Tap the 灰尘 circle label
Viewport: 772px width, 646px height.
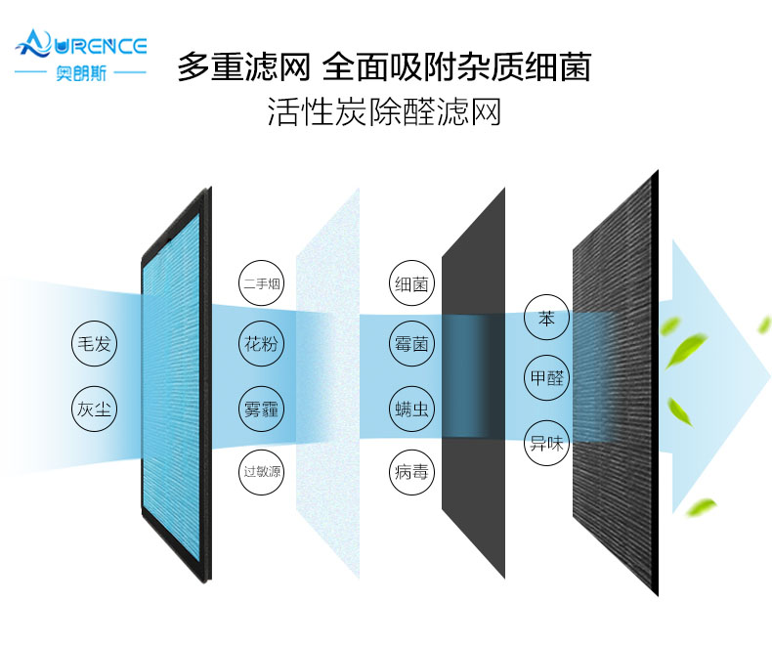coord(95,409)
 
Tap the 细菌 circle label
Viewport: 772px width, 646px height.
coord(410,284)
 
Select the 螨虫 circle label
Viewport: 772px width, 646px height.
coord(410,409)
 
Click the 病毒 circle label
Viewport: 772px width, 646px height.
coord(410,472)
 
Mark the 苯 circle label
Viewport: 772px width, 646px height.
coord(546,319)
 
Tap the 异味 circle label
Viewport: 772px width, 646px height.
coord(546,442)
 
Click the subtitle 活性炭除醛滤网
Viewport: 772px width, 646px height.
coord(384,111)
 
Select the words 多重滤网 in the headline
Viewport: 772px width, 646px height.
coord(243,67)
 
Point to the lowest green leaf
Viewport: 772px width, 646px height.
coord(701,507)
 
